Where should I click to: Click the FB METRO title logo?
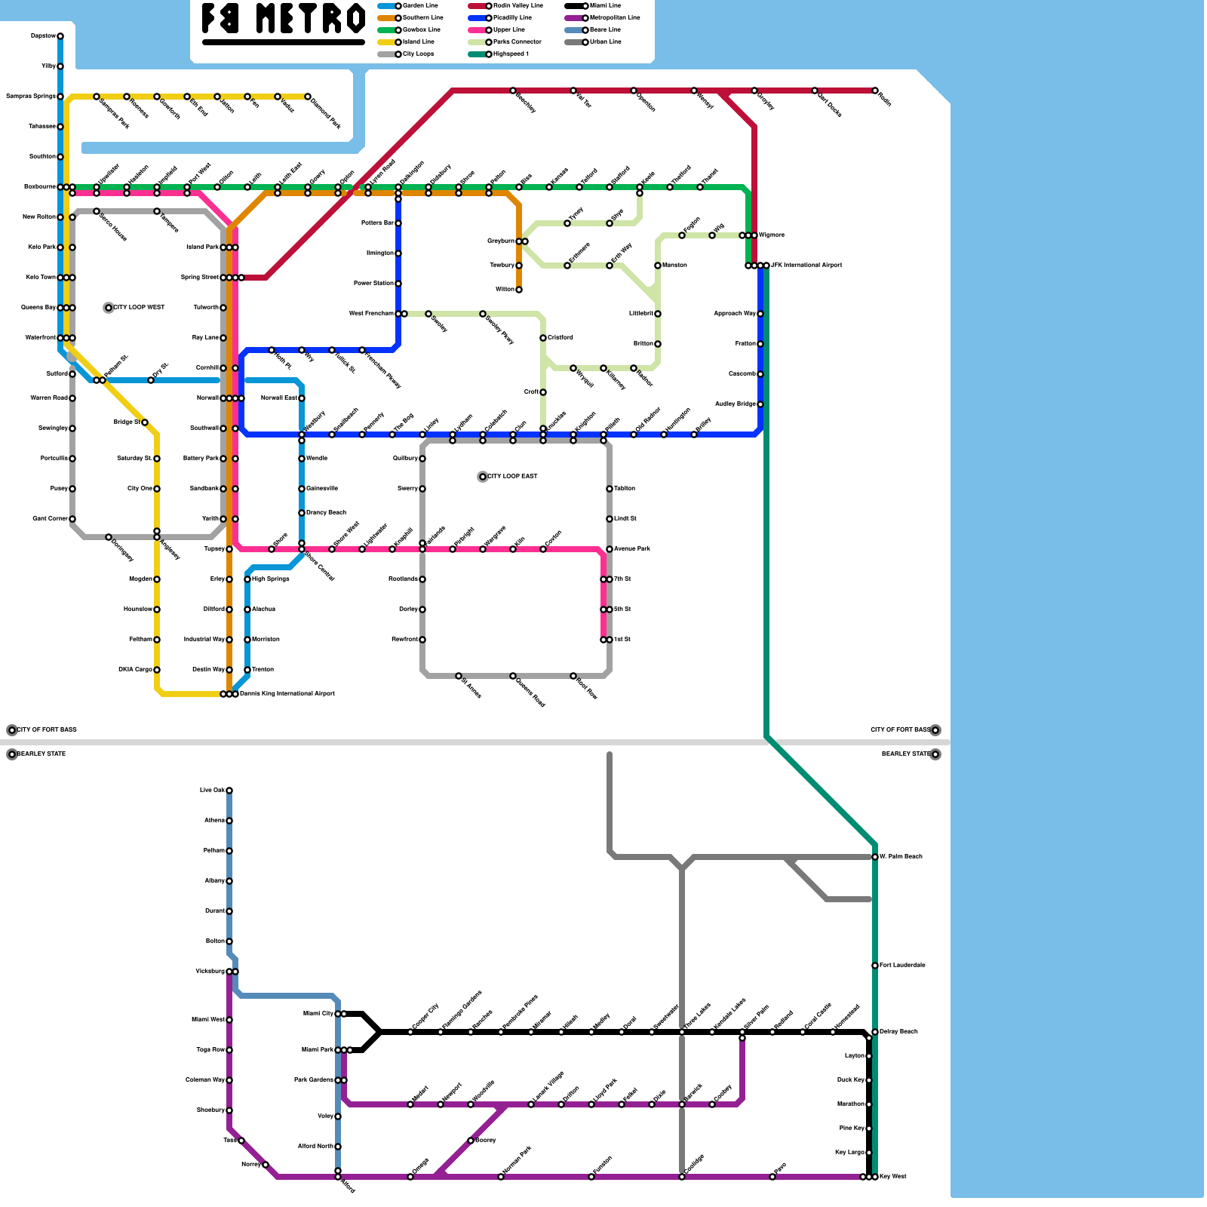[x=283, y=20]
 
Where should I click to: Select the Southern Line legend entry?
[x=422, y=17]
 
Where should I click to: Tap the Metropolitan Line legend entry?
[x=614, y=17]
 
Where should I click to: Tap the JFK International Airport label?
[x=806, y=266]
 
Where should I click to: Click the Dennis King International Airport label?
[x=287, y=694]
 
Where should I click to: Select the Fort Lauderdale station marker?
[x=875, y=966]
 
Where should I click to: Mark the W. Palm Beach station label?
[x=901, y=857]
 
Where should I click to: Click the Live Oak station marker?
[x=229, y=791]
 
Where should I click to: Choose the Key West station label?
[x=893, y=1177]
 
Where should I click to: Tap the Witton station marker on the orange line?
[x=519, y=290]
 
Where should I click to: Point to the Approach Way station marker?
[x=760, y=314]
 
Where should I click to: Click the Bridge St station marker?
[x=145, y=422]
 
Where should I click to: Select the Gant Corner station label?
[x=50, y=519]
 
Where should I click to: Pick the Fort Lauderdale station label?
[x=902, y=966]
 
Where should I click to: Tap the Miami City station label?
[x=318, y=1014]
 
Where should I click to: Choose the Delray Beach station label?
[x=898, y=1032]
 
